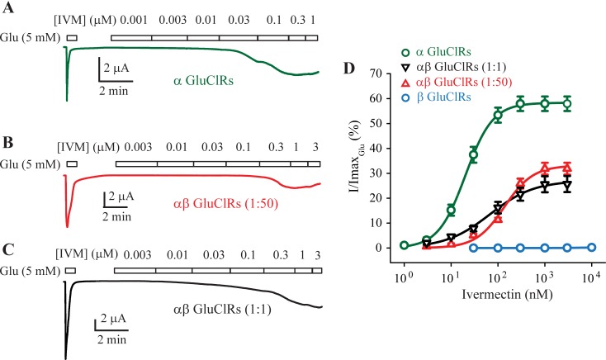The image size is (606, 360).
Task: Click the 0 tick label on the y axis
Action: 388,248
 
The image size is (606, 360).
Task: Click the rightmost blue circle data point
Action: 592,247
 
